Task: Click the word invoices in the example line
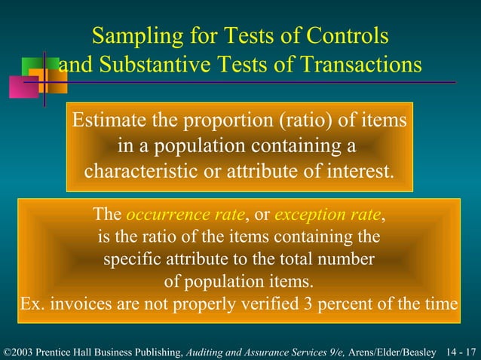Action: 81,304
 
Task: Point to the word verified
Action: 268,304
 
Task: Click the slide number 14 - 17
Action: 461,351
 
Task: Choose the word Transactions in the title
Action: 359,66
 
